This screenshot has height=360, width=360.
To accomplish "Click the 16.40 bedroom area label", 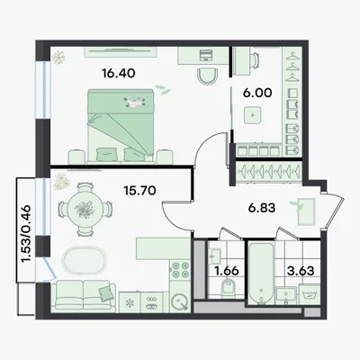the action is pyautogui.click(x=119, y=73).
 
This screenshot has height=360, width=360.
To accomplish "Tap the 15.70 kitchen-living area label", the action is pyautogui.click(x=139, y=190).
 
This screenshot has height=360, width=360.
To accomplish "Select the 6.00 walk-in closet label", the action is pyautogui.click(x=257, y=93).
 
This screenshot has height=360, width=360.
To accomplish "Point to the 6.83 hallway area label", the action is pyautogui.click(x=262, y=208).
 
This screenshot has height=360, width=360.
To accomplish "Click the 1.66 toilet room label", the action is pyautogui.click(x=227, y=271).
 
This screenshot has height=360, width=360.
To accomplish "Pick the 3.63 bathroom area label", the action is pyautogui.click(x=301, y=271).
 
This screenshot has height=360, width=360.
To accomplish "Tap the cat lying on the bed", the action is pyautogui.click(x=134, y=101).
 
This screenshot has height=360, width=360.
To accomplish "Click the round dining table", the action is pyautogui.click(x=85, y=208).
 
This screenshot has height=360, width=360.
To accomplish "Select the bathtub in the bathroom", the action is pyautogui.click(x=261, y=274).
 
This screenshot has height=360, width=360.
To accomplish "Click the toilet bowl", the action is pyautogui.click(x=229, y=286).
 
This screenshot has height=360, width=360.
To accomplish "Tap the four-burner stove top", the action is pyautogui.click(x=180, y=270).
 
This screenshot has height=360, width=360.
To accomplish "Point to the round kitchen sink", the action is pyautogui.click(x=179, y=301).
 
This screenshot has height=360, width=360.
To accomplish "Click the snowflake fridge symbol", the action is pyautogui.click(x=130, y=302).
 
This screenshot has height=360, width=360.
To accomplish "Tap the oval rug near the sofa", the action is pyautogui.click(x=85, y=261).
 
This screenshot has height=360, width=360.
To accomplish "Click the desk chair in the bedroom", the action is pyautogui.click(x=209, y=76).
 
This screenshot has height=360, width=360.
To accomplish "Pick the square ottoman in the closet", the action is pyautogui.click(x=253, y=115).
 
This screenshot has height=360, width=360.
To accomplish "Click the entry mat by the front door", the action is pyautogui.click(x=306, y=211).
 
